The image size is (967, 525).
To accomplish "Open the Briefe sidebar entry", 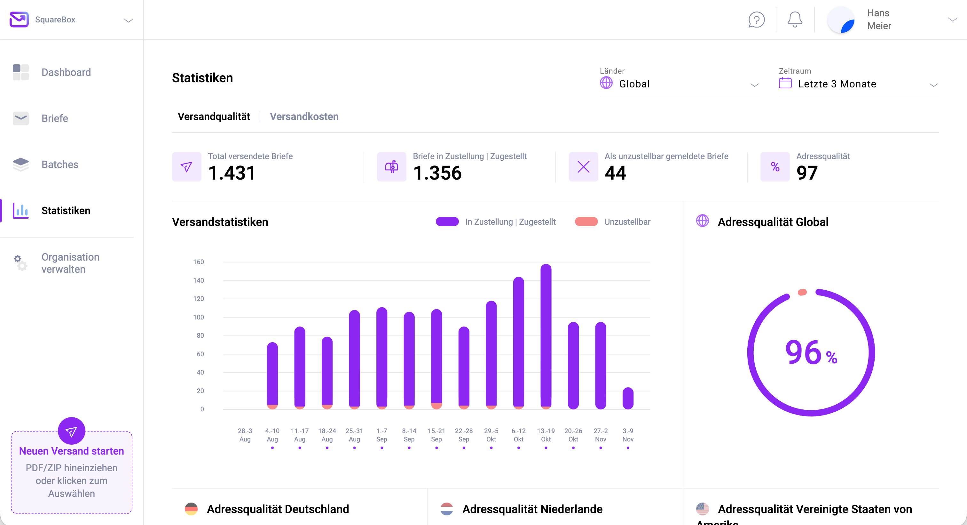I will [54, 118].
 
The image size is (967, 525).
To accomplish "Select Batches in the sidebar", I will [60, 164].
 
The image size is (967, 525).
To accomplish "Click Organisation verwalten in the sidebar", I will [70, 263].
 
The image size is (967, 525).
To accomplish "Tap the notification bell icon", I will [795, 20].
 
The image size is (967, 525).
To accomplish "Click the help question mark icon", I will [756, 20].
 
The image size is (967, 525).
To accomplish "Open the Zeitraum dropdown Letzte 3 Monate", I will [858, 84].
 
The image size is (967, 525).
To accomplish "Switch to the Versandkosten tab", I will [304, 117].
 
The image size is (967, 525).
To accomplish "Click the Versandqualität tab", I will [214, 117].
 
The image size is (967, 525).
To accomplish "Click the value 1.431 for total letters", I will [232, 173].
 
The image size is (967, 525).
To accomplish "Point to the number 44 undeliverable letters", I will [615, 173].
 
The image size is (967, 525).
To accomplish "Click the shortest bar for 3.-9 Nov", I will [628, 398].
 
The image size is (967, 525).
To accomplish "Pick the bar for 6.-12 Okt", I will [518, 342].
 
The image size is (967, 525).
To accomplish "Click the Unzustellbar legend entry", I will [627, 222].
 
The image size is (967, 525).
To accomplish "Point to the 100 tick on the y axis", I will [198, 317].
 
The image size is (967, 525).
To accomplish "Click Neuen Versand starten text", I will [71, 451].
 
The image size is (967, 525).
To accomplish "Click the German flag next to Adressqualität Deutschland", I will [191, 509].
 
